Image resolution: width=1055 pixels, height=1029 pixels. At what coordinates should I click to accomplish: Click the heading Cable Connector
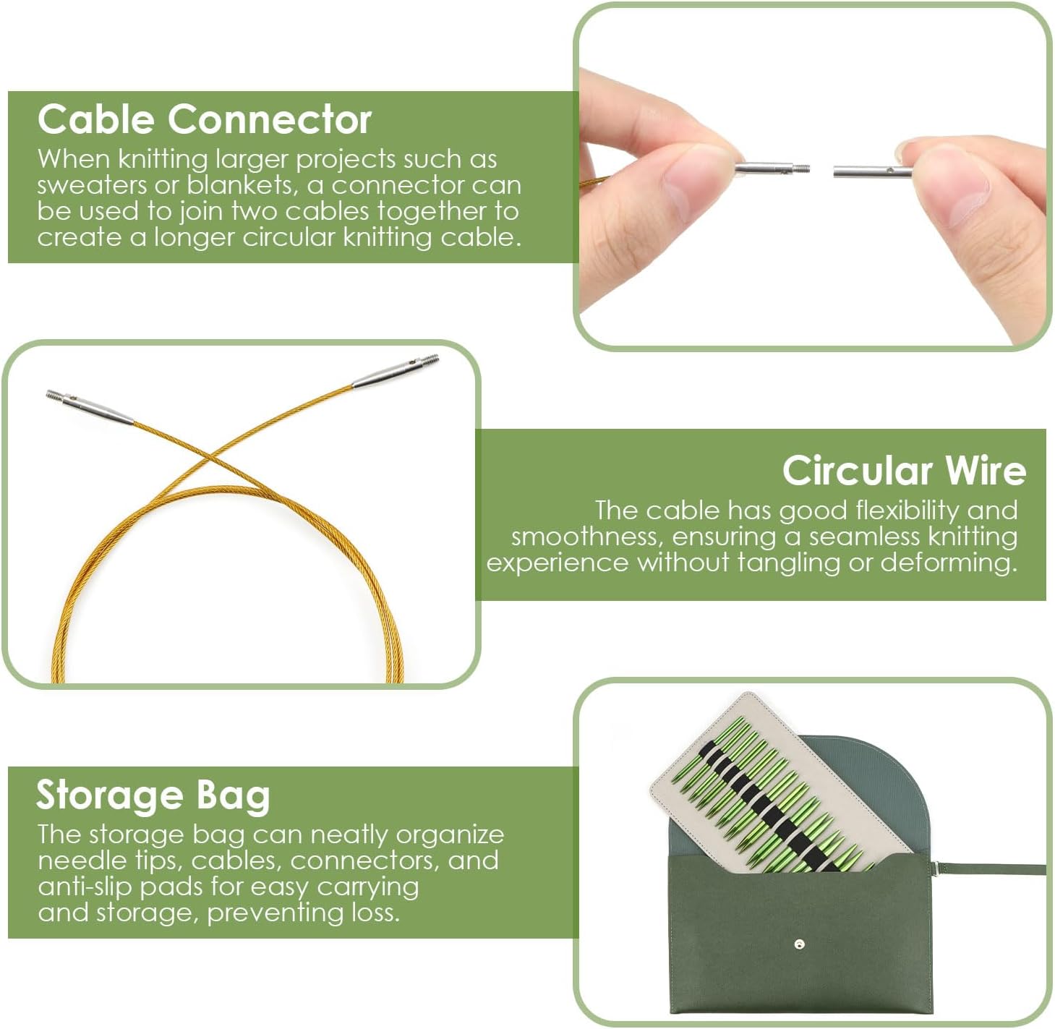coord(204,119)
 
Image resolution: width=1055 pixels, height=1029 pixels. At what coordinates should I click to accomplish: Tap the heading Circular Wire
coord(903,470)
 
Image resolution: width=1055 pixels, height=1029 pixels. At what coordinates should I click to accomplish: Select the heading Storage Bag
coord(153,795)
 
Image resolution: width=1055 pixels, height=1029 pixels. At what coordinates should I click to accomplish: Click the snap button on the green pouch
coord(798,944)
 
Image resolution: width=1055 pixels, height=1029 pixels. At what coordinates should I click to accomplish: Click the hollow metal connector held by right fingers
coord(871,171)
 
